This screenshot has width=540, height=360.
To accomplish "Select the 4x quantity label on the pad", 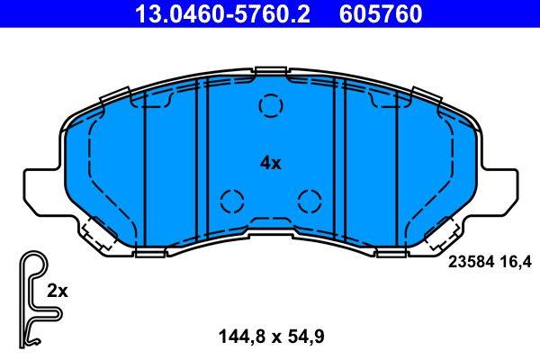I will (270, 163).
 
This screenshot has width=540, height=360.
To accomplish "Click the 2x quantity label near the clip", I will (57, 291).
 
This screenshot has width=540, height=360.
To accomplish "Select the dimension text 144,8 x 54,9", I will (270, 337).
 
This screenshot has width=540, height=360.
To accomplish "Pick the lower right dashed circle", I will (309, 199).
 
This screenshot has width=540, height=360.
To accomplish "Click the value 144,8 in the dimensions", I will (238, 337).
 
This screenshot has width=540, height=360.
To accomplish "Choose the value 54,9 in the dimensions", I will (303, 337).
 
